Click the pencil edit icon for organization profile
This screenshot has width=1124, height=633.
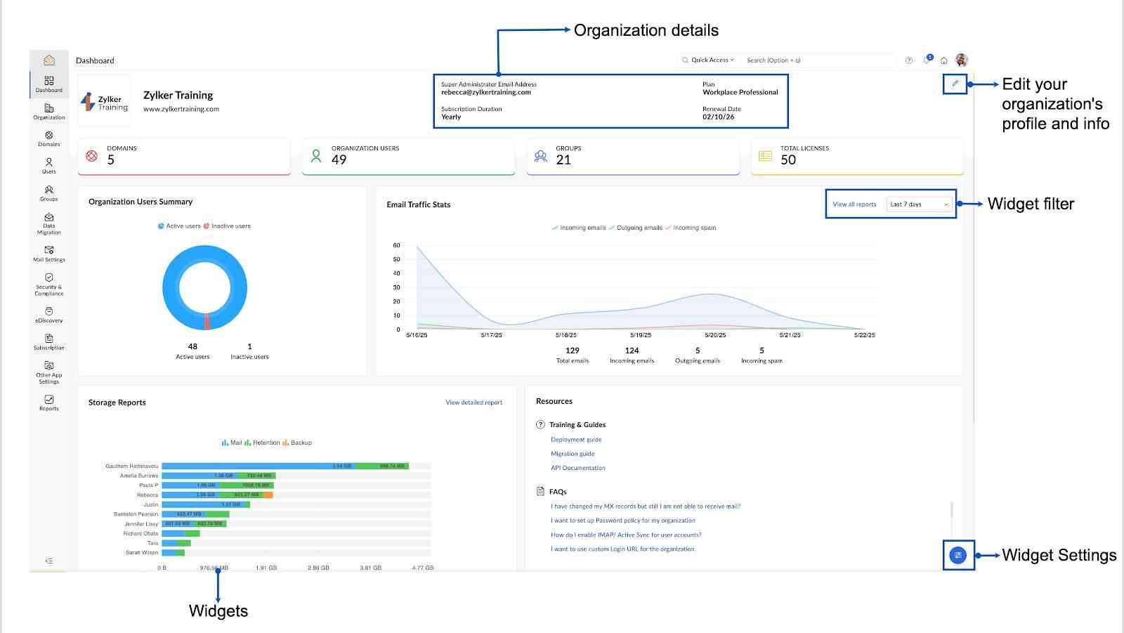(x=955, y=84)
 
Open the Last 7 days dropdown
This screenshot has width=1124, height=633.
(x=919, y=204)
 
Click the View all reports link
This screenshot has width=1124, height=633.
(x=854, y=204)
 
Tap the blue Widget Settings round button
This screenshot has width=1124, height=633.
(x=958, y=555)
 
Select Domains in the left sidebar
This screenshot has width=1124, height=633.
(x=49, y=138)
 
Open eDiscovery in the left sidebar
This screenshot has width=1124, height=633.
(x=49, y=315)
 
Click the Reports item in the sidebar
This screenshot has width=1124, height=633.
(x=49, y=403)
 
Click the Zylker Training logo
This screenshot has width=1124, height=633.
(x=104, y=102)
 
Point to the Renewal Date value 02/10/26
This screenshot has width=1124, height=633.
(x=718, y=117)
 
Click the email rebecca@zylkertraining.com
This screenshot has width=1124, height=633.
(x=486, y=92)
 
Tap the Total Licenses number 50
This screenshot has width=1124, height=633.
(x=788, y=160)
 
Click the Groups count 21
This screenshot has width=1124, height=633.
(x=563, y=160)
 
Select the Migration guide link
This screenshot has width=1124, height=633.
(x=573, y=454)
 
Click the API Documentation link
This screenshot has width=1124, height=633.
(x=577, y=468)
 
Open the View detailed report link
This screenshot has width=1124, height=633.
(x=473, y=403)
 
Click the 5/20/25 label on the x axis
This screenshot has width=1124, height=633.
(x=715, y=335)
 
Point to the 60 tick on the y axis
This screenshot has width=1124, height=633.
(x=397, y=245)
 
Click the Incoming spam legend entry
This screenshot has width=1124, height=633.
(x=693, y=228)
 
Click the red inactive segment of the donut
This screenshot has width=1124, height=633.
(x=207, y=322)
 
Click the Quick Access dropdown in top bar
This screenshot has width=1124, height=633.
(x=709, y=60)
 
